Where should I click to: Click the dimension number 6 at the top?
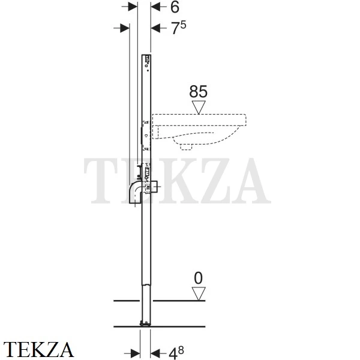175,7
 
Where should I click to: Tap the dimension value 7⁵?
179,28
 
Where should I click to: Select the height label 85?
198,91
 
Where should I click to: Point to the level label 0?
199,278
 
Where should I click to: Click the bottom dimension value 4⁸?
176,353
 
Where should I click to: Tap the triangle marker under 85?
199,107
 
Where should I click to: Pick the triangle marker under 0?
199,293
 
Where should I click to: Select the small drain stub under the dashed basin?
186,147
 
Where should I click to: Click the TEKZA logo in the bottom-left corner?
38,350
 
